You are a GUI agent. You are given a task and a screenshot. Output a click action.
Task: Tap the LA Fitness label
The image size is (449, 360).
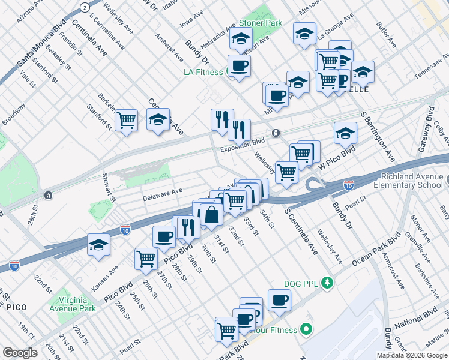[203, 73]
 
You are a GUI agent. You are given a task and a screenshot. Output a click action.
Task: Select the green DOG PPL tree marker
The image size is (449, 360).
[327, 281]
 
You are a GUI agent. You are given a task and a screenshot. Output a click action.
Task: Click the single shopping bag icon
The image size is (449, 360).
[212, 214]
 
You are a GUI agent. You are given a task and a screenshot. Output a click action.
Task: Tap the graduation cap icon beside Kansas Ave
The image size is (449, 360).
[99, 245]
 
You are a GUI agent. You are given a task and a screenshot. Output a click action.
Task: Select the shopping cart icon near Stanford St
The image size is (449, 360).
[127, 121]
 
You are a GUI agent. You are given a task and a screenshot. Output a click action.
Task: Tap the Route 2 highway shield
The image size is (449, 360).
[85, 7]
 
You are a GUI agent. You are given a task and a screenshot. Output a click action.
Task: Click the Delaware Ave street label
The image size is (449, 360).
[162, 193]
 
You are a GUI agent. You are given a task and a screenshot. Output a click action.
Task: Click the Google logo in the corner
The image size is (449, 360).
[20, 352]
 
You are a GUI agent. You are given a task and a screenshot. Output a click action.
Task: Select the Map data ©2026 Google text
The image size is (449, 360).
[412, 355]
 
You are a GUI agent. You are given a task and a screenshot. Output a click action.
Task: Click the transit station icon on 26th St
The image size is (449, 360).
[48, 196]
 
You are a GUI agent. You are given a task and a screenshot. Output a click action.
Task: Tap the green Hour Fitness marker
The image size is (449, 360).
[306, 329]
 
